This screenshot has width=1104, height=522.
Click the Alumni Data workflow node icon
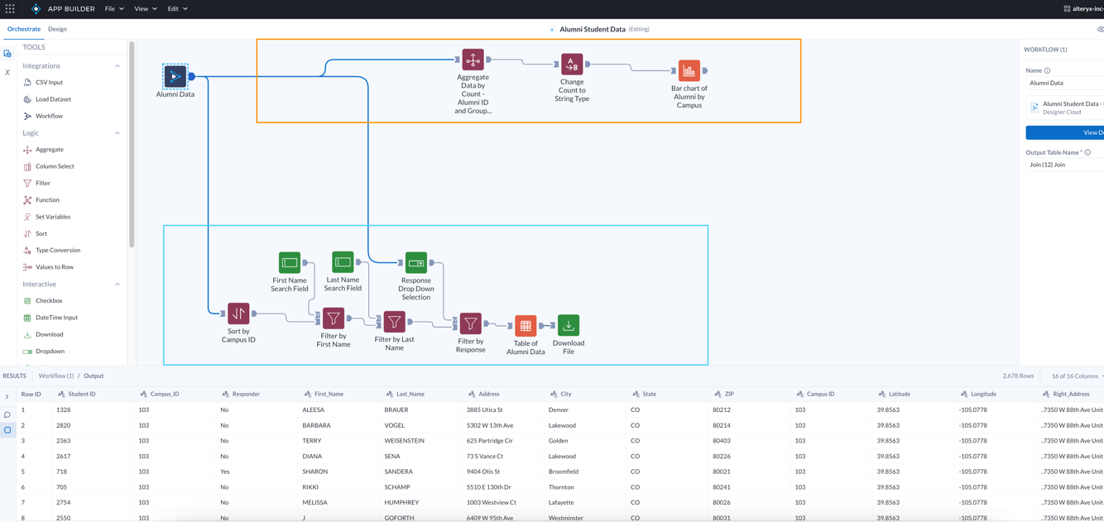pyautogui.click(x=175, y=76)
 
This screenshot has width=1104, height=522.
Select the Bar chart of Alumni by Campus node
pyautogui.click(x=689, y=71)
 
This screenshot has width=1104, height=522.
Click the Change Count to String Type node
pyautogui.click(x=572, y=65)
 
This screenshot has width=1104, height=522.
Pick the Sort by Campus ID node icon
pyautogui.click(x=238, y=314)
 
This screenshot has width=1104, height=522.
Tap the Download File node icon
pyautogui.click(x=569, y=325)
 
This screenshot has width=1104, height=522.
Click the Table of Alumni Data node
pyautogui.click(x=526, y=326)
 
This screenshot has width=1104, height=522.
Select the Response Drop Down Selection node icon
pyautogui.click(x=416, y=263)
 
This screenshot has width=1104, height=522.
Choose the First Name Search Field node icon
pyautogui.click(x=290, y=263)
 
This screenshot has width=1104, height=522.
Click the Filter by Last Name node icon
pyautogui.click(x=394, y=321)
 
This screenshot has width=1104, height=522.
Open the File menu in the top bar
pyautogui.click(x=113, y=9)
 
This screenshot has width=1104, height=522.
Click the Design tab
pyautogui.click(x=57, y=29)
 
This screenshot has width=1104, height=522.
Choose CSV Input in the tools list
pyautogui.click(x=49, y=83)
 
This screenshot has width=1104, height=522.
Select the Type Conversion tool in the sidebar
pyautogui.click(x=58, y=250)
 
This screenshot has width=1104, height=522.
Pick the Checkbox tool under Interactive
pyautogui.click(x=49, y=300)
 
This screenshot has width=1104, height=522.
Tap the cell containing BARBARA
pyautogui.click(x=317, y=425)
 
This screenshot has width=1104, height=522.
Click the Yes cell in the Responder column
pyautogui.click(x=225, y=472)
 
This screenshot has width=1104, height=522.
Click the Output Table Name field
pyautogui.click(x=1064, y=165)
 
